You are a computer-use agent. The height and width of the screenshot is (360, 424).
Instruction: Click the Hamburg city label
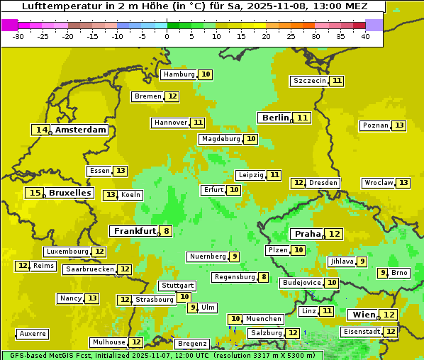pos(179,74)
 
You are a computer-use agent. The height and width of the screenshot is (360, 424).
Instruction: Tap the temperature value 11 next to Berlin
pos(303,118)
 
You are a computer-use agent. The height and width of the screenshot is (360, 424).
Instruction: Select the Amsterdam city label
pos(81,130)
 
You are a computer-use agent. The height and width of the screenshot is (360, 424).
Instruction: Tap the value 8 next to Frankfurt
pos(166,231)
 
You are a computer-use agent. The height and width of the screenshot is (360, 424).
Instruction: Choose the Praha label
pos(308,234)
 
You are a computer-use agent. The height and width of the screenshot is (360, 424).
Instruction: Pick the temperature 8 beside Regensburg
pos(264,277)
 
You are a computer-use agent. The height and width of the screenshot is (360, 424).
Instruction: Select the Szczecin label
pos(310,81)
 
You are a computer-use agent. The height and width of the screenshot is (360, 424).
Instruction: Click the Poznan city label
pos(375,125)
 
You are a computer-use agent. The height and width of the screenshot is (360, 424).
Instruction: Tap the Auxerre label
pos(33,334)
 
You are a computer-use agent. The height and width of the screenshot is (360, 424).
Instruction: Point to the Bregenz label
pos(192,344)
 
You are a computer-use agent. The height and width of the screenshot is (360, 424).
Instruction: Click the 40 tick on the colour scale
pos(365,36)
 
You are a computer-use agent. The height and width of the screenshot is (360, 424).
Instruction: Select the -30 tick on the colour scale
pos(18,36)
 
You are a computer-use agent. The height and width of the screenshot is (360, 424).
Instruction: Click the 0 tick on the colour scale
pos(167,36)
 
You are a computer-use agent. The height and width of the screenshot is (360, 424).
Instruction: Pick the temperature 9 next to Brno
pos(383,273)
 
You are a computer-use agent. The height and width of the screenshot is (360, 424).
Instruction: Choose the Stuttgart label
pos(177,286)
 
